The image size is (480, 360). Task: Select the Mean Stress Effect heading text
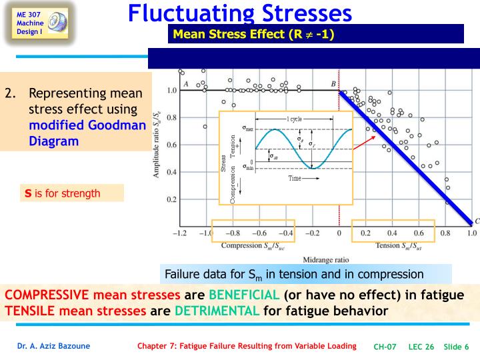click(253, 34)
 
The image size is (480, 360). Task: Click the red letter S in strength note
click(29, 194)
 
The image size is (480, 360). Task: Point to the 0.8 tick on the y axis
click(171, 118)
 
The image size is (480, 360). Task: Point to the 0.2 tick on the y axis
click(171, 200)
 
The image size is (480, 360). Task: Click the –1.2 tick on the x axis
click(179, 234)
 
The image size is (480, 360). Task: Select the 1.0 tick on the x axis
click(471, 234)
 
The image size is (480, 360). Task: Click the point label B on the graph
click(333, 83)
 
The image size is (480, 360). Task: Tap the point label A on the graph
click(185, 83)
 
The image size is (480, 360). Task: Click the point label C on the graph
click(476, 221)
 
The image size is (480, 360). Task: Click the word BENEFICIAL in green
click(244, 295)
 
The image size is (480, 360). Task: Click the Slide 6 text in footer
click(457, 346)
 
